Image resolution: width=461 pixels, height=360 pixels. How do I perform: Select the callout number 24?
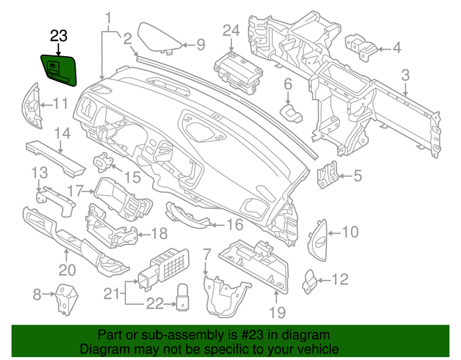click(230, 30)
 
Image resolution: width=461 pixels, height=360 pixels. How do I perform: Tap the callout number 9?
click(201, 45)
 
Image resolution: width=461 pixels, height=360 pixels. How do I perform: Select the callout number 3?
click(405, 74)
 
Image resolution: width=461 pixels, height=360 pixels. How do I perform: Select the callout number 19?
click(277, 312)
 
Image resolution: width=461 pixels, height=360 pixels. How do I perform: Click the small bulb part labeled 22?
click(183, 295)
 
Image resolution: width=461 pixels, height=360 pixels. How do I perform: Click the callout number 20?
click(66, 271)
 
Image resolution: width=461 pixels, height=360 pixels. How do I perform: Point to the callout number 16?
click(235, 225)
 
